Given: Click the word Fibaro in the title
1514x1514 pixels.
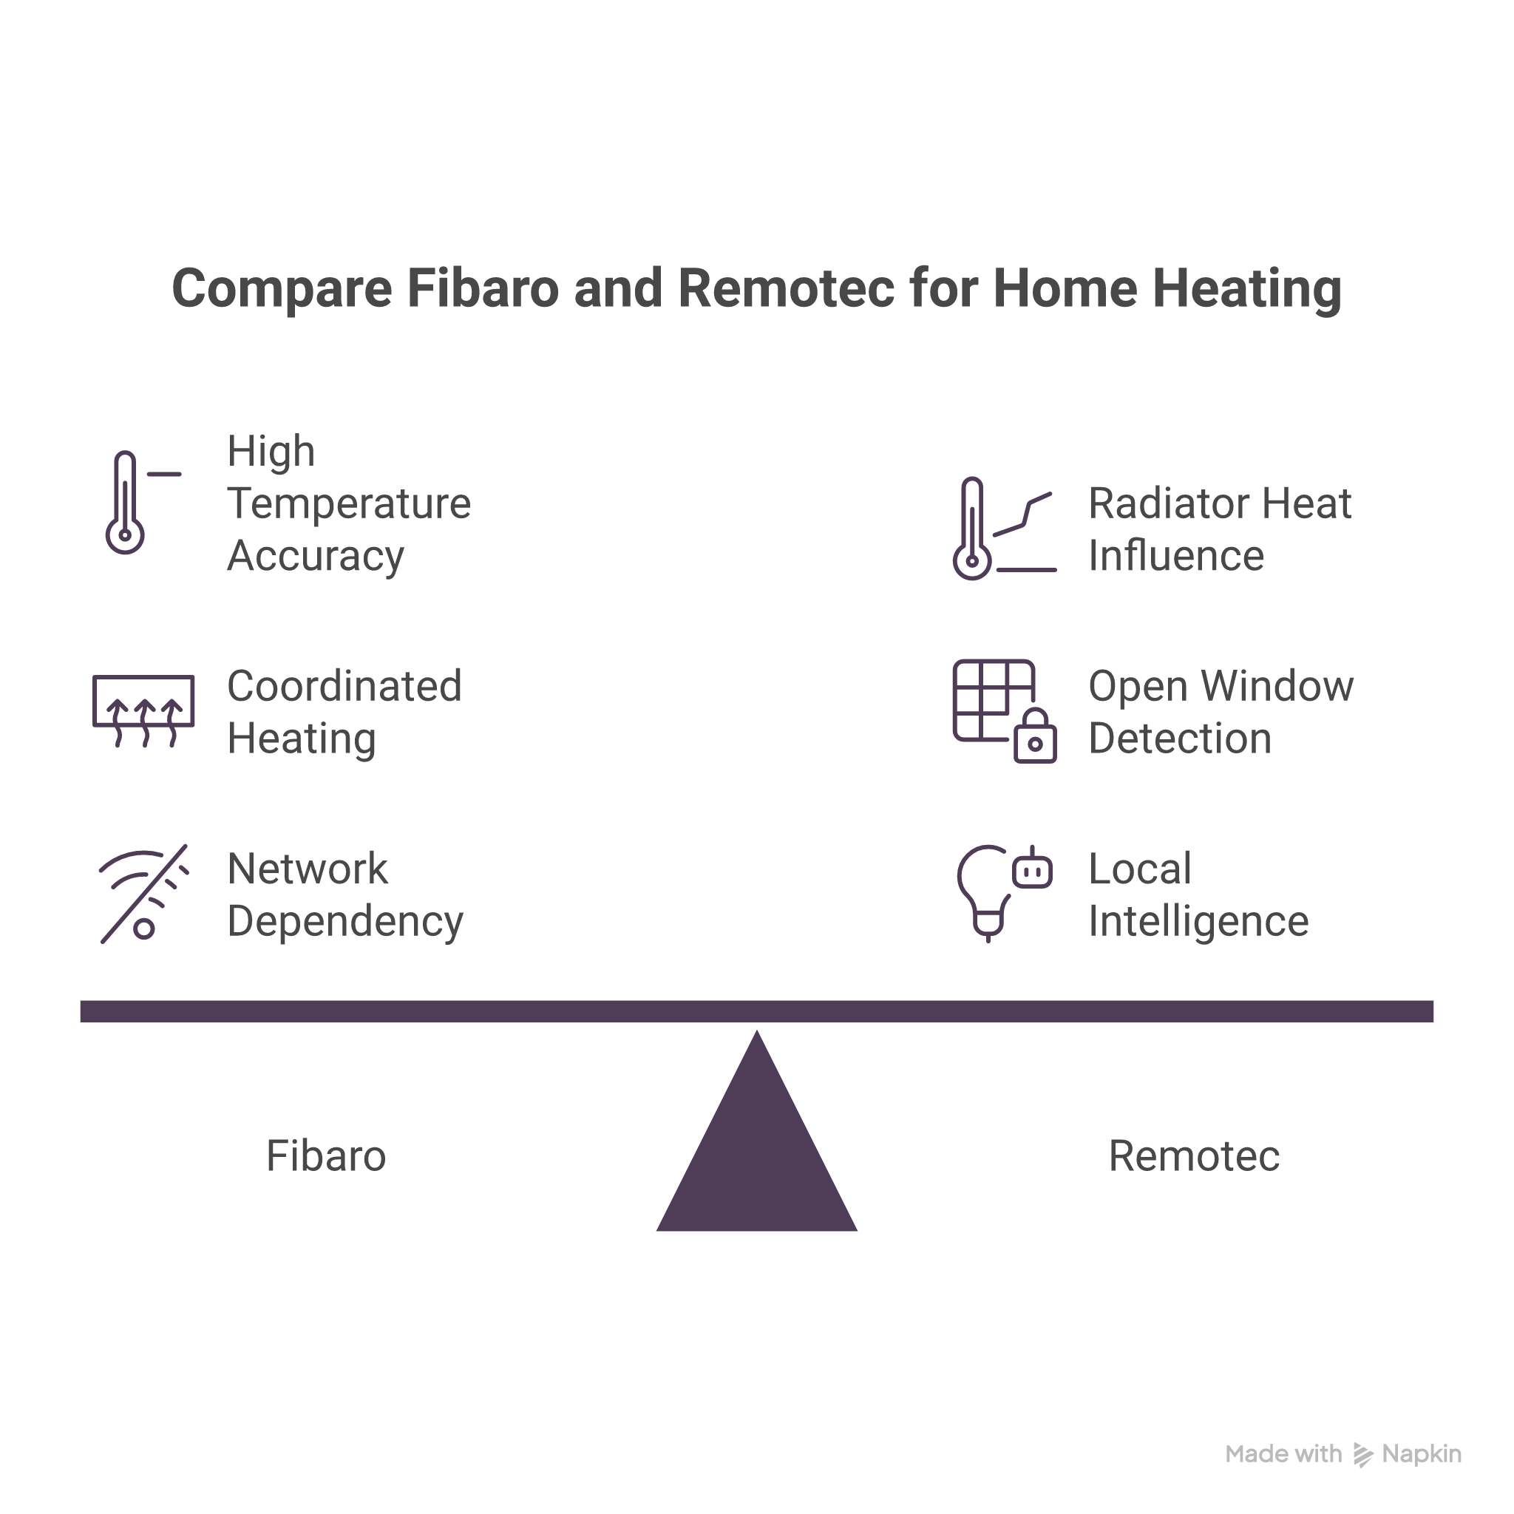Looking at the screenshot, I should click(483, 288).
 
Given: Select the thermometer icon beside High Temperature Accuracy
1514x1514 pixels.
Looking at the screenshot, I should click(126, 502).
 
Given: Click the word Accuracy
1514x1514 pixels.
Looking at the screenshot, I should click(316, 556).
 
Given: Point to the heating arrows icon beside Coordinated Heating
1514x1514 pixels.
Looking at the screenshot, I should click(143, 710).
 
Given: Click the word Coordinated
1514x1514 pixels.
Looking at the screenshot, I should click(344, 687).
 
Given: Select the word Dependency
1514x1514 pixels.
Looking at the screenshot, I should click(345, 922).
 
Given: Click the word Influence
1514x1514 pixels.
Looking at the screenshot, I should click(1175, 556).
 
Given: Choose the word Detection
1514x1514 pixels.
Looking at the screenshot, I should click(1179, 739).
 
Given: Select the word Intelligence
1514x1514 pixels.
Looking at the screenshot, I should click(1198, 922).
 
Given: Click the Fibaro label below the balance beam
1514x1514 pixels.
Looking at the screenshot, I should click(325, 1156).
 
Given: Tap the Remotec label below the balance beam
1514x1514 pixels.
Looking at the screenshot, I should click(1193, 1156).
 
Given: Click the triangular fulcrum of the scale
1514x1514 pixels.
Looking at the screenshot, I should click(757, 1160).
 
